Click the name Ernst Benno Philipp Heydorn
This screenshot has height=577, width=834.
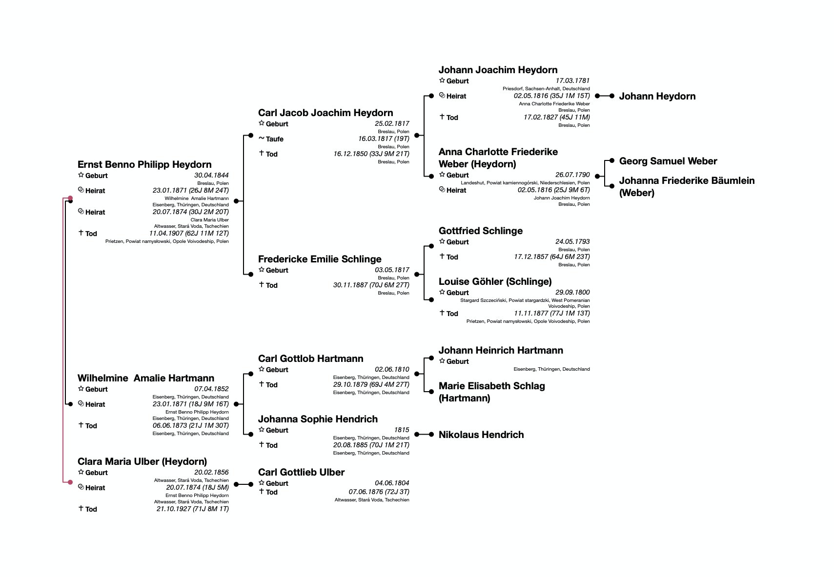[144, 164]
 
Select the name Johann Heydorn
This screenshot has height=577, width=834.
[657, 96]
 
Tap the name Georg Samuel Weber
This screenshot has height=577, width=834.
[668, 161]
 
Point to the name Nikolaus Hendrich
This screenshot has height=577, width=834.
[481, 435]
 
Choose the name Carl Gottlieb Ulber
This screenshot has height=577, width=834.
[301, 472]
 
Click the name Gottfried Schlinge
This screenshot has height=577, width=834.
[480, 231]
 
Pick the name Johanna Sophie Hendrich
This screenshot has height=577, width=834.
[318, 419]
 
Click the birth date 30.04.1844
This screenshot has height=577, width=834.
[211, 175]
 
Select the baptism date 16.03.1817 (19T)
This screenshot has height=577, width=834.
[384, 139]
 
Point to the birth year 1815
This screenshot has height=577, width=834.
[402, 430]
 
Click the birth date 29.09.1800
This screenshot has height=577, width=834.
[572, 292]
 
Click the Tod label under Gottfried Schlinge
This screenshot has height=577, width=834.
[452, 257]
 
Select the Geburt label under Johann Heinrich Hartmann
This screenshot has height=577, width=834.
[457, 361]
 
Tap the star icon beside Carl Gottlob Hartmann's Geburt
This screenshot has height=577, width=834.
[262, 369]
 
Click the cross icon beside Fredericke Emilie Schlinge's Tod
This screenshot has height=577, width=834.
[262, 284]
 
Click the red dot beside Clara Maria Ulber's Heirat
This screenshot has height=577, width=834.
[70, 482]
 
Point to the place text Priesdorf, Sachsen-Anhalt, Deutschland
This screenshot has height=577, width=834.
[546, 89]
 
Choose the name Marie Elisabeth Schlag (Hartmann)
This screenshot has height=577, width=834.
[491, 392]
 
